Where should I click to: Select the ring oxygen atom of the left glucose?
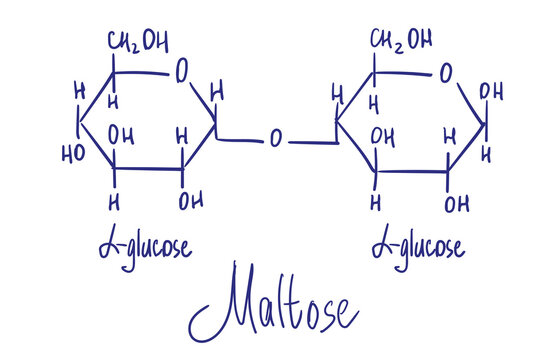click(181, 72)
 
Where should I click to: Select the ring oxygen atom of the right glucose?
click(445, 72)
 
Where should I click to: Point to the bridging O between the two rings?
click(275, 139)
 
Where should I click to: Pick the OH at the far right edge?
click(491, 92)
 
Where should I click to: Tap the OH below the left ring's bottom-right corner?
click(189, 202)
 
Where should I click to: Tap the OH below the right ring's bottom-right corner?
click(457, 205)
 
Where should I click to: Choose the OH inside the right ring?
click(383, 135)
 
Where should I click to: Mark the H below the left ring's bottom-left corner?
click(115, 203)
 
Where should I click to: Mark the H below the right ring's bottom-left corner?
click(376, 203)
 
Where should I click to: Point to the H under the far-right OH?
click(487, 155)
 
